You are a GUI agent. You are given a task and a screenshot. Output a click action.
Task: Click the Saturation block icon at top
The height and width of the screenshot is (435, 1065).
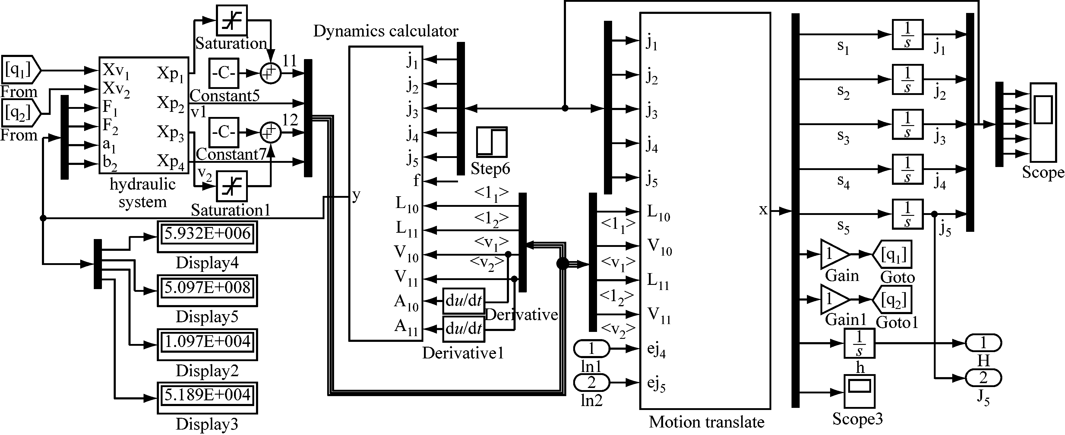[x=232, y=20]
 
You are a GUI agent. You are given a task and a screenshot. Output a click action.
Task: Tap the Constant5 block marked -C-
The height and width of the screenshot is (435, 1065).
[x=224, y=73]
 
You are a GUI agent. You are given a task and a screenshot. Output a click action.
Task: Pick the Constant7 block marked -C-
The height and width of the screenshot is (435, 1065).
[x=224, y=132]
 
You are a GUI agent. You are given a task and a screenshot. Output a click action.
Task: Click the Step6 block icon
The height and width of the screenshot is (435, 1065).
[x=491, y=142]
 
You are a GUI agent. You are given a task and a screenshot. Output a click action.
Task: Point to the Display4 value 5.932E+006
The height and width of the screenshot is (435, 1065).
[x=207, y=234]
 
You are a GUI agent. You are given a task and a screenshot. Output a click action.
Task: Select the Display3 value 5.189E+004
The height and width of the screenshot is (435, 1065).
[x=207, y=395]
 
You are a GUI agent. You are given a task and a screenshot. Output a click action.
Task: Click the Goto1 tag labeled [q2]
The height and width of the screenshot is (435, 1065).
[x=893, y=299]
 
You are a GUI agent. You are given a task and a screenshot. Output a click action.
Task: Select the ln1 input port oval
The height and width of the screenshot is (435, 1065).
[x=591, y=348]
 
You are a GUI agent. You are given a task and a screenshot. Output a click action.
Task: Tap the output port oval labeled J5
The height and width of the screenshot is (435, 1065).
[x=983, y=377]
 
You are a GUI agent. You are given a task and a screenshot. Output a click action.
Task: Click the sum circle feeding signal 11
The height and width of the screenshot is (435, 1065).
[x=270, y=73]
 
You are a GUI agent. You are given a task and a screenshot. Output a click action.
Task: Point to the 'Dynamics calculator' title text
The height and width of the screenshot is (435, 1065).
[x=385, y=31]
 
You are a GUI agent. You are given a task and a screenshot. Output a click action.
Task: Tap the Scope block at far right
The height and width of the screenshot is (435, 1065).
[x=1043, y=122]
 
